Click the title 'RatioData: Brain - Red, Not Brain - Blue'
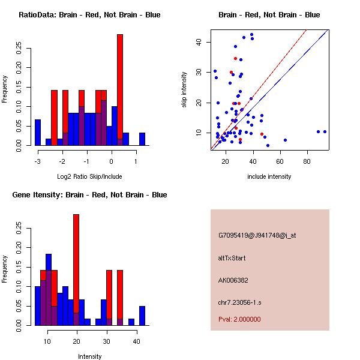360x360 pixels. (x=89, y=14)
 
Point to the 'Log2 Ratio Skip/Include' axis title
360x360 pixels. (x=89, y=176)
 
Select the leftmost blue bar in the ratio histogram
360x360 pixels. (x=38, y=132)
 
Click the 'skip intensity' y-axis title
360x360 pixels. (x=184, y=89)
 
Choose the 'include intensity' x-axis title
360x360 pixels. (x=269, y=176)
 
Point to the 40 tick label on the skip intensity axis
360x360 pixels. (x=199, y=42)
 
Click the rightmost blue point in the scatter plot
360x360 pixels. (x=325, y=131)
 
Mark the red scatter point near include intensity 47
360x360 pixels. (x=262, y=134)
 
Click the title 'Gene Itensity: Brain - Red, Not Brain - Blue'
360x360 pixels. (x=89, y=194)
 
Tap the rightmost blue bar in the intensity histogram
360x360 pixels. (x=142, y=316)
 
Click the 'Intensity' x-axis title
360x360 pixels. (x=89, y=356)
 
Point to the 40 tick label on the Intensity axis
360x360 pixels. (x=136, y=341)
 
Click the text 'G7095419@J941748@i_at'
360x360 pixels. (x=257, y=235)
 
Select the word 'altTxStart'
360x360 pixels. (x=232, y=258)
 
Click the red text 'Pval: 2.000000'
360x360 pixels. (x=239, y=319)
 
